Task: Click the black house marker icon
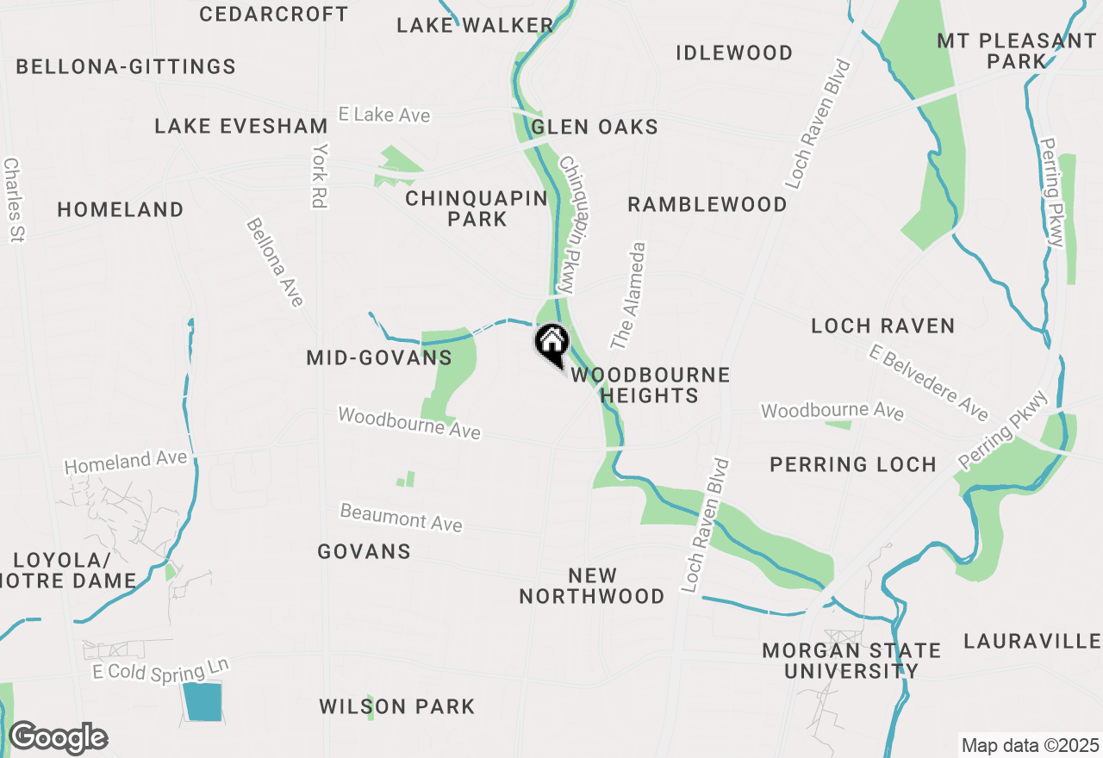pyautogui.click(x=551, y=343)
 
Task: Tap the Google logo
pyautogui.click(x=58, y=738)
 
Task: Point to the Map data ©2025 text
pyautogui.click(x=1031, y=745)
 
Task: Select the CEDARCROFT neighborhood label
pyautogui.click(x=273, y=15)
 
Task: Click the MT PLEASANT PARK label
pyautogui.click(x=1017, y=51)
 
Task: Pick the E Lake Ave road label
pyautogui.click(x=383, y=115)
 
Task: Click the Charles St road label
pyautogui.click(x=12, y=199)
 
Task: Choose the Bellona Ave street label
pyautogui.click(x=275, y=262)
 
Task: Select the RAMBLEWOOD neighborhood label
pyautogui.click(x=707, y=205)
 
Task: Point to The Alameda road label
pyautogui.click(x=628, y=295)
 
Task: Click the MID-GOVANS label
pyautogui.click(x=379, y=357)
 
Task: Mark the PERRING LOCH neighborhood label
pyautogui.click(x=852, y=464)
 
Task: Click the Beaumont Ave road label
pyautogui.click(x=401, y=518)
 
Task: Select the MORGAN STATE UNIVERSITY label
pyautogui.click(x=851, y=661)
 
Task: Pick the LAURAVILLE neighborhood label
pyautogui.click(x=1031, y=641)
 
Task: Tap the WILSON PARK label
pyautogui.click(x=396, y=707)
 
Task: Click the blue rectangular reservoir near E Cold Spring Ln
pyautogui.click(x=202, y=701)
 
